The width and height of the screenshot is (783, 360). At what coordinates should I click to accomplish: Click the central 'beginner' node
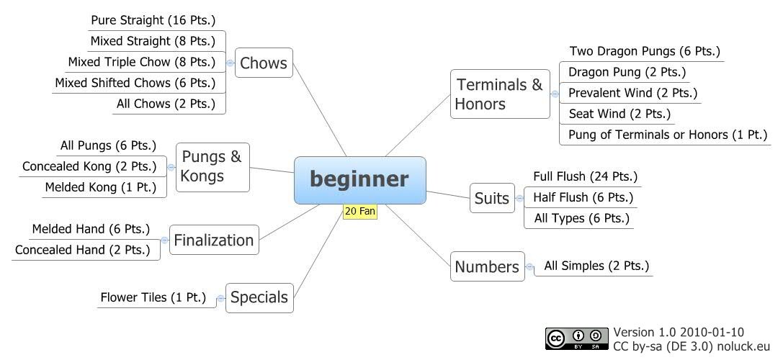359,180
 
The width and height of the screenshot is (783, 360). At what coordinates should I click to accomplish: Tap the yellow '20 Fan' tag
361,212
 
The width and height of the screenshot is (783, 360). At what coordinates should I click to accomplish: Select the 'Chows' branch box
264,63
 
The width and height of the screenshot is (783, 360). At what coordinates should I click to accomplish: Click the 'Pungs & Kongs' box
212,166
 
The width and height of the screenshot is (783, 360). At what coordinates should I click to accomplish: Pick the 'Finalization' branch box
214,240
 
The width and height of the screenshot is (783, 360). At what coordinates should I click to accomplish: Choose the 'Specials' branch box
259,297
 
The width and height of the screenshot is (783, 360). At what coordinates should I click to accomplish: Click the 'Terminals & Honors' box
499,94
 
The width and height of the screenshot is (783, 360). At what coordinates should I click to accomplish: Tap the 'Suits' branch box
493,198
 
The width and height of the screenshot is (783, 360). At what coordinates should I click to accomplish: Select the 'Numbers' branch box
487,267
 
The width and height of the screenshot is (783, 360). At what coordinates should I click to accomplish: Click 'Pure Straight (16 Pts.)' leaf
153,20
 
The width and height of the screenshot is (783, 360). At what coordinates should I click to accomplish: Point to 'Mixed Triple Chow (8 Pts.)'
142,62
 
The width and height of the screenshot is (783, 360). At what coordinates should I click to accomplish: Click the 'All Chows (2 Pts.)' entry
166,104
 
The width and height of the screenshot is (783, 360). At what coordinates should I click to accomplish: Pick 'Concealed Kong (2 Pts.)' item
89,166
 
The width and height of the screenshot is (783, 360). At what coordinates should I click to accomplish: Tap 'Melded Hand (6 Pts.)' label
91,230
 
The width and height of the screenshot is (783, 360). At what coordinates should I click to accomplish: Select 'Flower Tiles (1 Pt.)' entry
153,297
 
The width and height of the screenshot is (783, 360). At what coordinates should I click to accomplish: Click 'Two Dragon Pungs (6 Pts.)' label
645,51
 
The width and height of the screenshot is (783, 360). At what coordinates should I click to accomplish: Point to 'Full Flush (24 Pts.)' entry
585,176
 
